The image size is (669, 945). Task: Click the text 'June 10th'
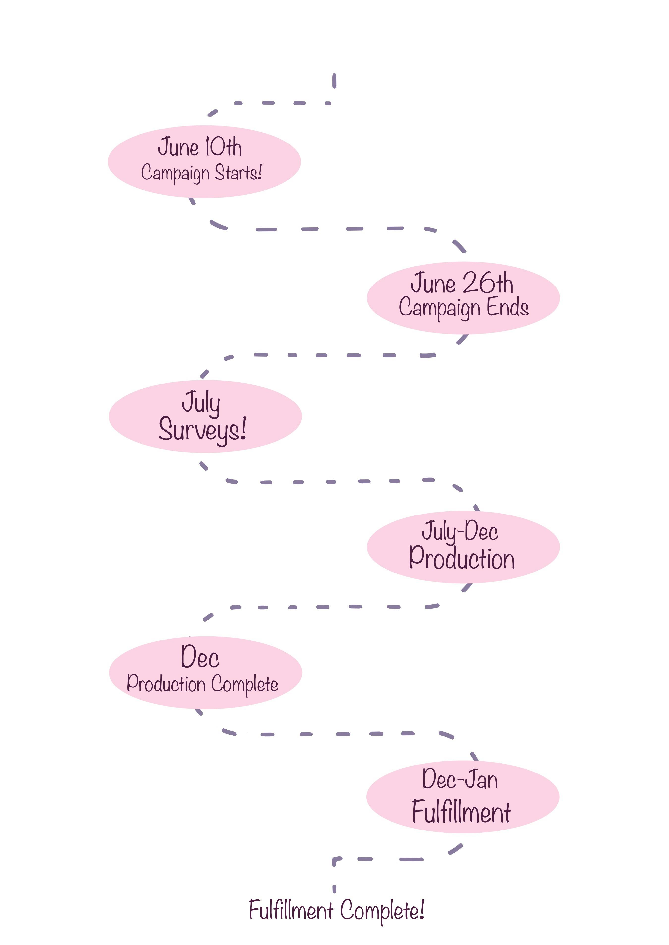199,147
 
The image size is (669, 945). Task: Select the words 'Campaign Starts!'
201,172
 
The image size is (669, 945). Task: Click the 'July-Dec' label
460,531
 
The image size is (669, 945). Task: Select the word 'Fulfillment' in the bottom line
291,910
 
